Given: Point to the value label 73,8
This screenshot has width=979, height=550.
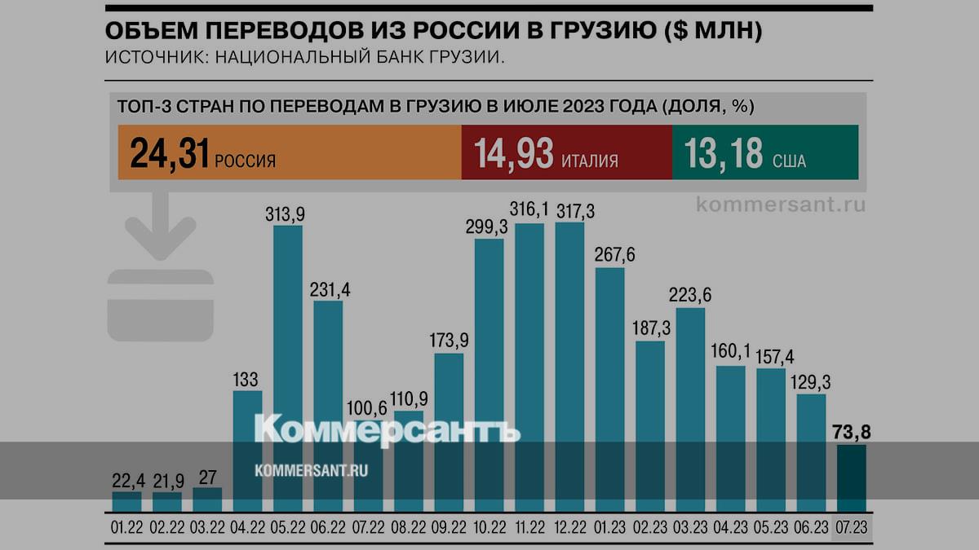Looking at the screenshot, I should click(x=852, y=432).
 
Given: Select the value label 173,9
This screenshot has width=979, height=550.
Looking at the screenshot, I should click(x=449, y=340).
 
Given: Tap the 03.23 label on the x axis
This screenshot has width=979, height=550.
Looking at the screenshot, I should click(x=690, y=528).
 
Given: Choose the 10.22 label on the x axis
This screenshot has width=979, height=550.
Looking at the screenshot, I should click(x=489, y=528).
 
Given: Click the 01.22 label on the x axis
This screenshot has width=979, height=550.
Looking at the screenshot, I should click(x=126, y=528).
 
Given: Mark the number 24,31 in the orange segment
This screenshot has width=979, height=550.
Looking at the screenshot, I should click(x=170, y=153).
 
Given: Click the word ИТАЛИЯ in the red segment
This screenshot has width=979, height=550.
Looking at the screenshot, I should click(x=589, y=161).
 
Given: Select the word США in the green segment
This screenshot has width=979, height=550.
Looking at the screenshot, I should click(x=789, y=161).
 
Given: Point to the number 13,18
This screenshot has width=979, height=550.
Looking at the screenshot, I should click(x=724, y=153).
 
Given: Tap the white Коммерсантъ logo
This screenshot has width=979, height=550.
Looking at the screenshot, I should click(x=388, y=430).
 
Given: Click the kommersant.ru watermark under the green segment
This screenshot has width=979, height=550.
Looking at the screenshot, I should click(x=781, y=205).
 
